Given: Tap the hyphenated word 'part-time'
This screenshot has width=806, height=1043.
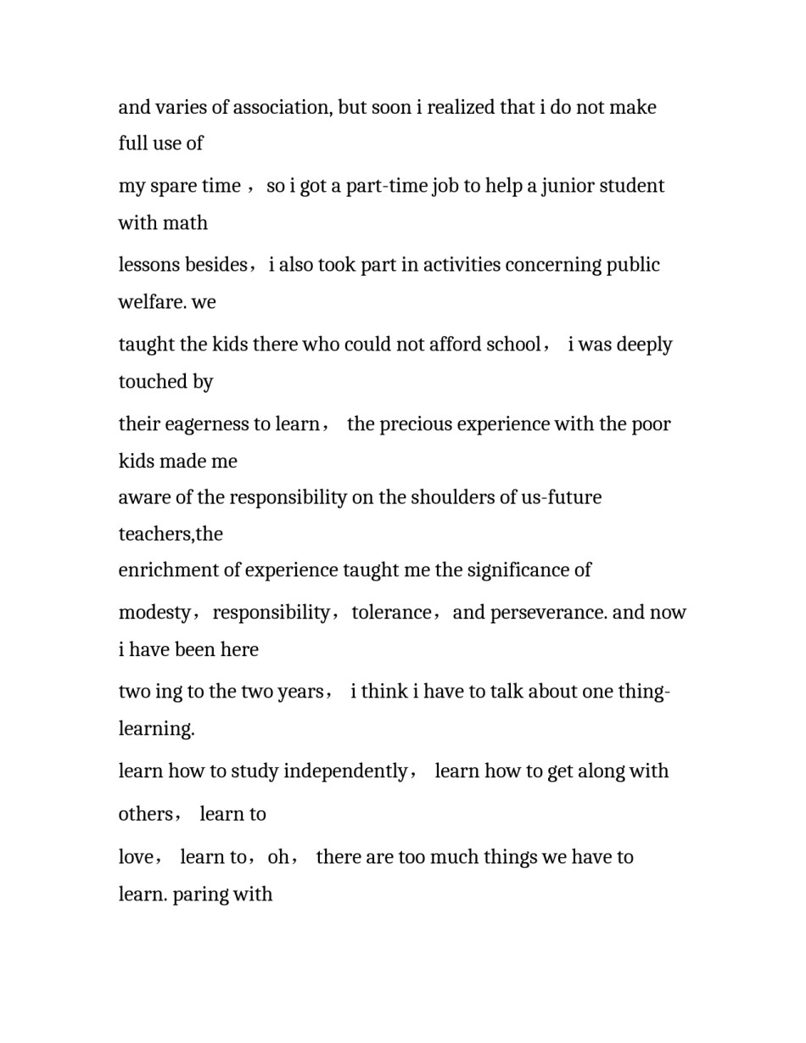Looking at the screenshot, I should (385, 186).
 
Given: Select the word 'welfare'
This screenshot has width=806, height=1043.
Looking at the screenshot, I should (151, 302).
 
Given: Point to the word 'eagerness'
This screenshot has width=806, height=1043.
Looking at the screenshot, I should (202, 424).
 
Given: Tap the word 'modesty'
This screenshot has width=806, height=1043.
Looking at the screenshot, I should (154, 613).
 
